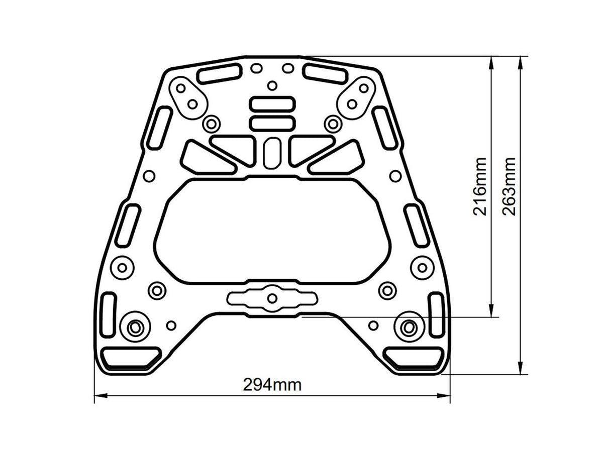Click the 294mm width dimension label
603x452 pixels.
(272, 385)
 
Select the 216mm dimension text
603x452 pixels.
(480, 186)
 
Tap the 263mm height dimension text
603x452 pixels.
(509, 186)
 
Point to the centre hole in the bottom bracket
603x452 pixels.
(272, 298)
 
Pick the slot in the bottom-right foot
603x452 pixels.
(415, 357)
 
